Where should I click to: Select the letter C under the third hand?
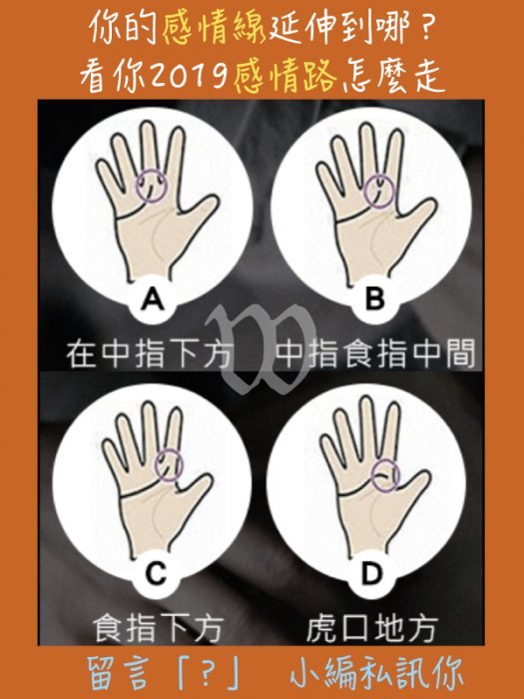(x=156, y=574)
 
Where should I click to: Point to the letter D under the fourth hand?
(x=371, y=574)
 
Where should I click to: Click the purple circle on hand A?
(x=137, y=186)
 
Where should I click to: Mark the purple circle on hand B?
(x=364, y=192)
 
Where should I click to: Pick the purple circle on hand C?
(x=155, y=465)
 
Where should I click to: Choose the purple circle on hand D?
(x=371, y=475)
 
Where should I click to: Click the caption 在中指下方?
(x=150, y=354)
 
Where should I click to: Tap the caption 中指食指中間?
(x=375, y=354)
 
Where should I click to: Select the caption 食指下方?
(x=158, y=628)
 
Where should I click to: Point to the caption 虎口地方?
(x=372, y=628)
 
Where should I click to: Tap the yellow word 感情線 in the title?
(x=214, y=29)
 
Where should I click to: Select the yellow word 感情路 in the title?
(x=286, y=76)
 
